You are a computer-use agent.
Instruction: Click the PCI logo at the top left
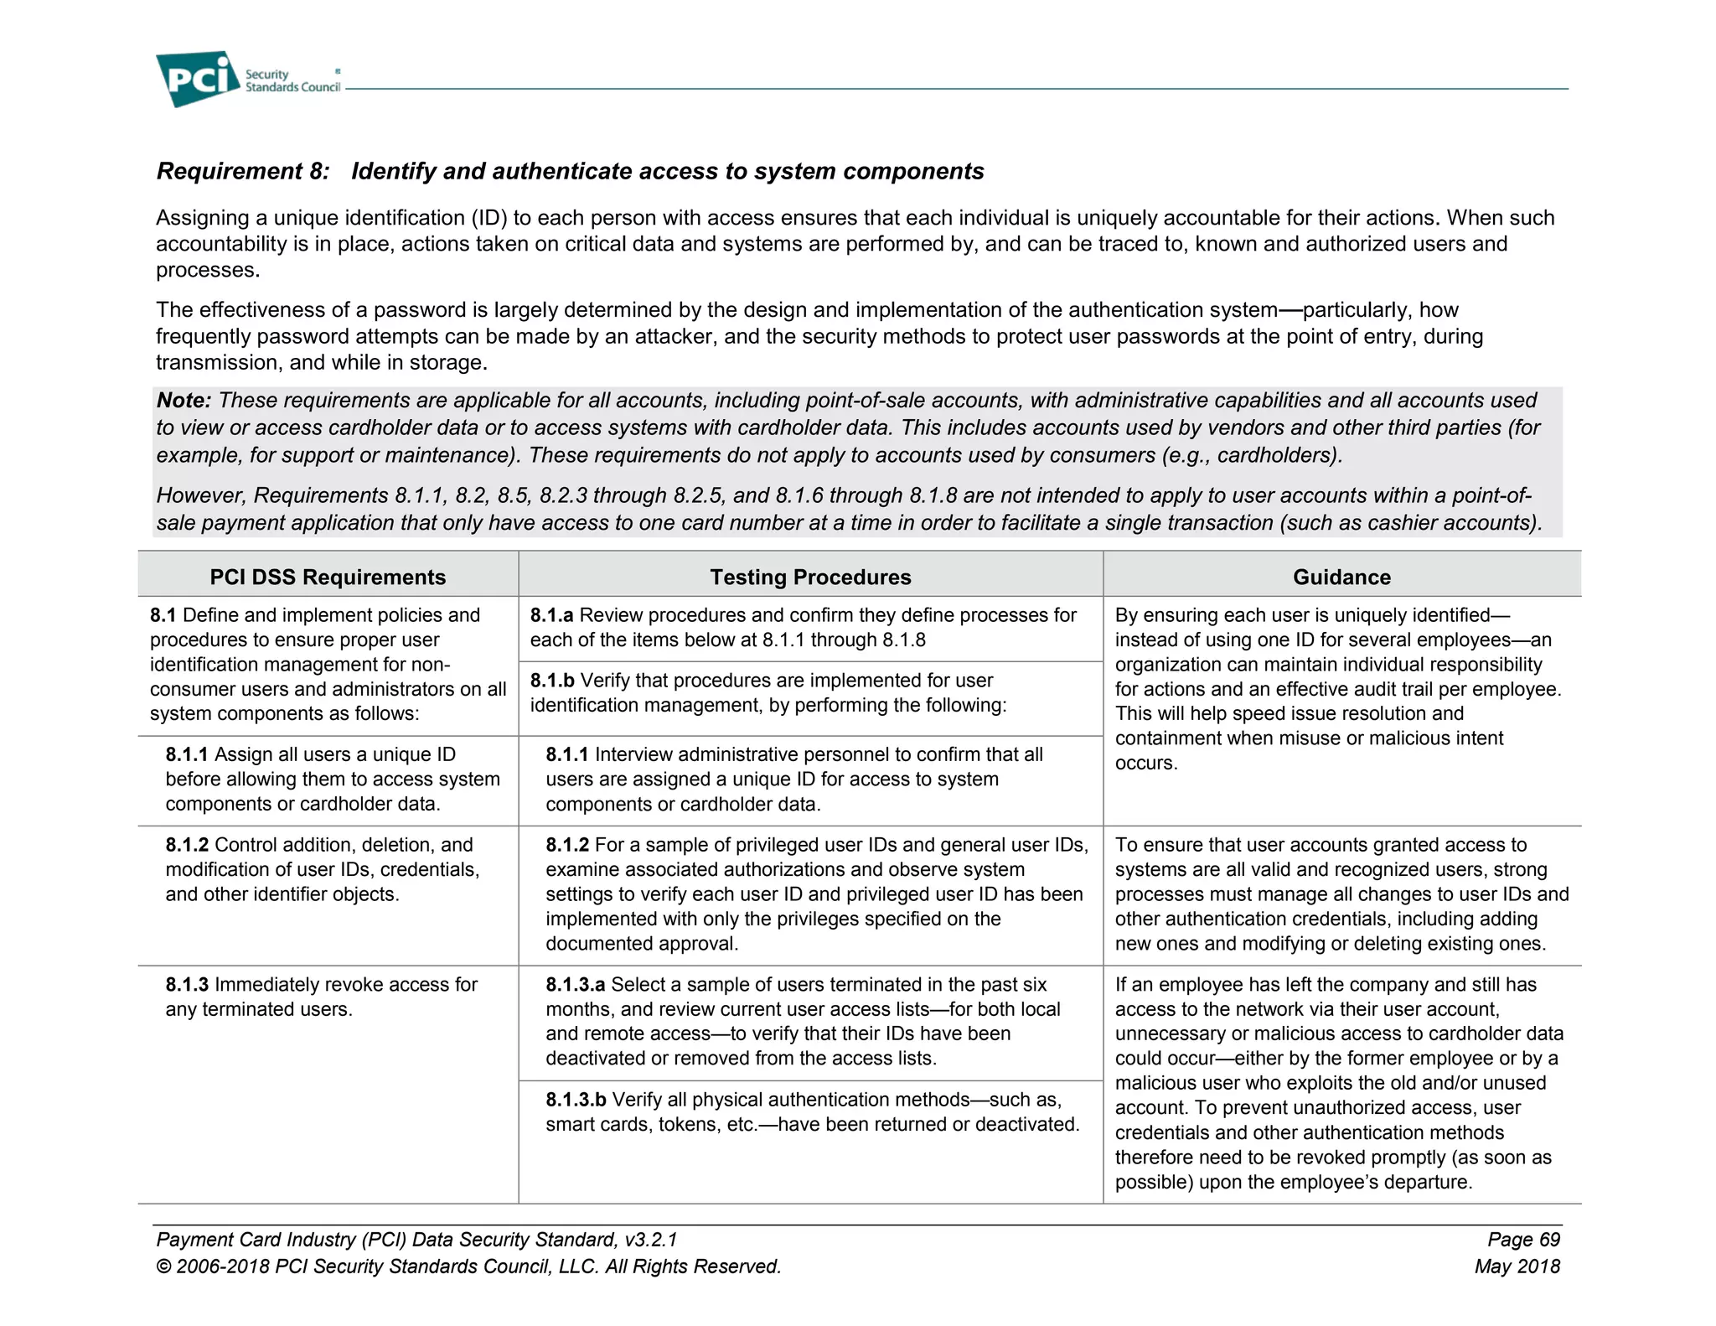[198, 78]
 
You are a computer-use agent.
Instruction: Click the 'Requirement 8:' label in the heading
[243, 171]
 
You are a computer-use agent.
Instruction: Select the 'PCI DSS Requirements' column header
[328, 577]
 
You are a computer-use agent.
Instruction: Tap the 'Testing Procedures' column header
[810, 577]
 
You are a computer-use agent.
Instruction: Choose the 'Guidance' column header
[1341, 577]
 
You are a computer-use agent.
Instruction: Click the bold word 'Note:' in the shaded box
[183, 401]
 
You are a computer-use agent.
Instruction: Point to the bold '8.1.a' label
[551, 615]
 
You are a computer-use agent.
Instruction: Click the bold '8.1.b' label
[552, 681]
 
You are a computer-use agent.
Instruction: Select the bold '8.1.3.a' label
[575, 985]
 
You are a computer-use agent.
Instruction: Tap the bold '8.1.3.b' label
[576, 1100]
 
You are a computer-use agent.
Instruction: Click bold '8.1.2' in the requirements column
[187, 845]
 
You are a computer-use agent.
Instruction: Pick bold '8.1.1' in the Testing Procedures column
[567, 754]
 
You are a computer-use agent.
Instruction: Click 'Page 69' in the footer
[1523, 1240]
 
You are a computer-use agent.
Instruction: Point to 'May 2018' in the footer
[1517, 1266]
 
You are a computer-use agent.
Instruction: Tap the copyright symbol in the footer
[163, 1266]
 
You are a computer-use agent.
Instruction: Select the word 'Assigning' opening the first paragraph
[202, 218]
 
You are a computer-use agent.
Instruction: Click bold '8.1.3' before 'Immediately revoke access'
[187, 985]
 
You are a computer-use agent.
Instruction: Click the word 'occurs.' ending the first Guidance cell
[1145, 764]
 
